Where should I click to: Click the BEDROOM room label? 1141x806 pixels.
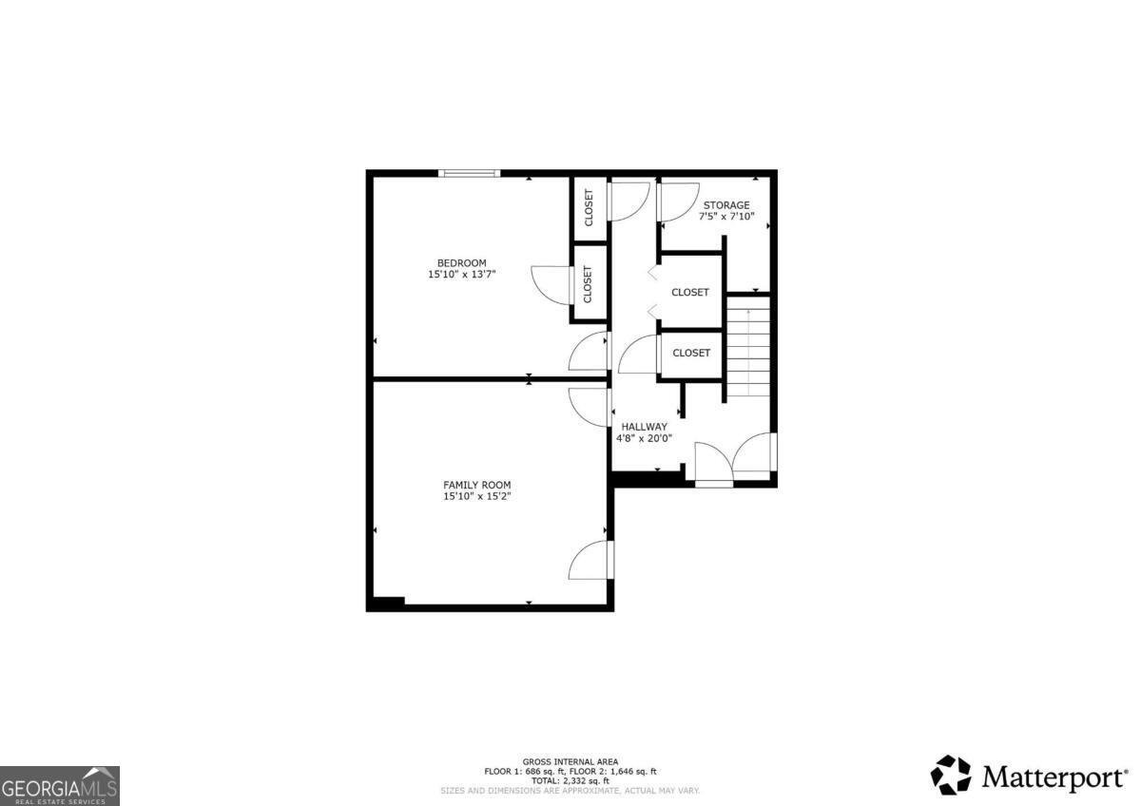[461, 263]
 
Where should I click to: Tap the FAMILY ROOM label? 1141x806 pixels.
[476, 485]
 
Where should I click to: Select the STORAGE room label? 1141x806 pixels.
[726, 205]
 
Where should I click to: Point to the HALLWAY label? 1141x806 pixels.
[644, 427]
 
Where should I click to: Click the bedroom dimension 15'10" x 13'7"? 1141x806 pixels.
[461, 275]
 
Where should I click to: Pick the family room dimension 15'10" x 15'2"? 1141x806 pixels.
[476, 496]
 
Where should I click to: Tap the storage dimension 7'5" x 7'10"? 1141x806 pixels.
[726, 217]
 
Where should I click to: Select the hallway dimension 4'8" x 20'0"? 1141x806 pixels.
[644, 438]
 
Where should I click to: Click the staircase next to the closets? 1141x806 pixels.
[747, 347]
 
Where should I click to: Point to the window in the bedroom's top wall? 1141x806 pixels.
[469, 173]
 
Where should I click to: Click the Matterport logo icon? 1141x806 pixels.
[951, 775]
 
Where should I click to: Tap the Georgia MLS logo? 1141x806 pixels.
[60, 786]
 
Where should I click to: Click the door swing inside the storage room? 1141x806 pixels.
[677, 200]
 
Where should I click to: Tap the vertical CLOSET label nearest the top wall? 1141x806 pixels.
[589, 208]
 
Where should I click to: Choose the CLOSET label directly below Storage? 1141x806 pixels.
[690, 293]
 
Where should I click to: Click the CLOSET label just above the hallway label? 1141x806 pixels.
[691, 353]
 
